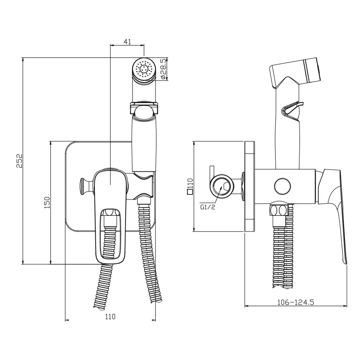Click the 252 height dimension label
[20, 161]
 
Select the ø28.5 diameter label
[163, 69]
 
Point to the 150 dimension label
[47, 202]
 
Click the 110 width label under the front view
[110, 316]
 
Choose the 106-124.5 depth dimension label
[296, 302]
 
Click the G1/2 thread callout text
[208, 207]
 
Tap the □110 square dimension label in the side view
[190, 186]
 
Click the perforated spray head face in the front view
[144, 69]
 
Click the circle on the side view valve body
[282, 186]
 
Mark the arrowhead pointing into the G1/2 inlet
[221, 188]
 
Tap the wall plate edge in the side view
[249, 186]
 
